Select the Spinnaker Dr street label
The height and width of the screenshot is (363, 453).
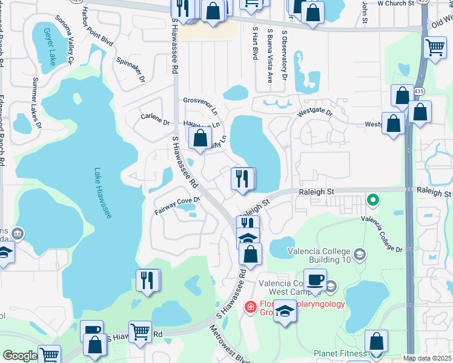tap(131, 70)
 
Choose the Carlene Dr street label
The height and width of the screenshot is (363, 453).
tap(154, 120)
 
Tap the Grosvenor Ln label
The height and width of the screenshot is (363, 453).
tap(200, 105)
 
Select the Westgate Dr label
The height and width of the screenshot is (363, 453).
tap(315, 113)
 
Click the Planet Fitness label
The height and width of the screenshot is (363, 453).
tap(340, 353)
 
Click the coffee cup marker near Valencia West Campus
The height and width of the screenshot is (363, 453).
tap(315, 280)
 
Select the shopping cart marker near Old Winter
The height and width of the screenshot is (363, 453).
tap(435, 47)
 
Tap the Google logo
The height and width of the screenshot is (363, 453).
tap(20, 355)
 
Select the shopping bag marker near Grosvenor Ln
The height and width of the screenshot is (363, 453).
tap(200, 139)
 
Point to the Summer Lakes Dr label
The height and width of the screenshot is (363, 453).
tap(36, 103)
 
